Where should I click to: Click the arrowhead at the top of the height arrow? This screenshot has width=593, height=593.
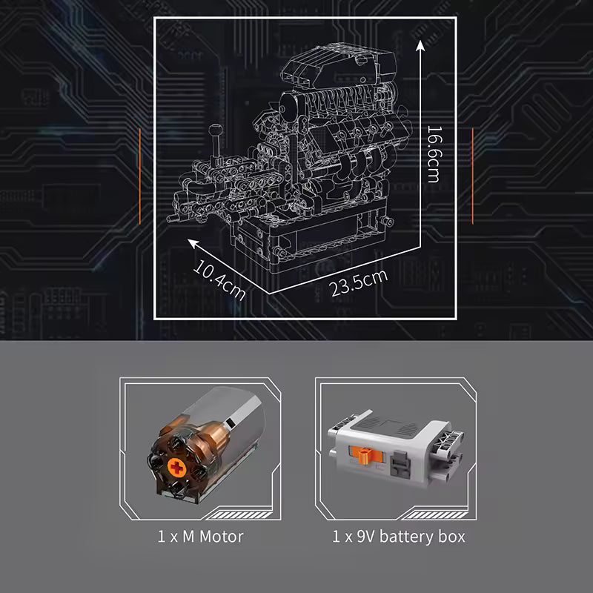coord(420,46)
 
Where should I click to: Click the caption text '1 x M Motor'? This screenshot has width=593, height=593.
coord(200,536)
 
